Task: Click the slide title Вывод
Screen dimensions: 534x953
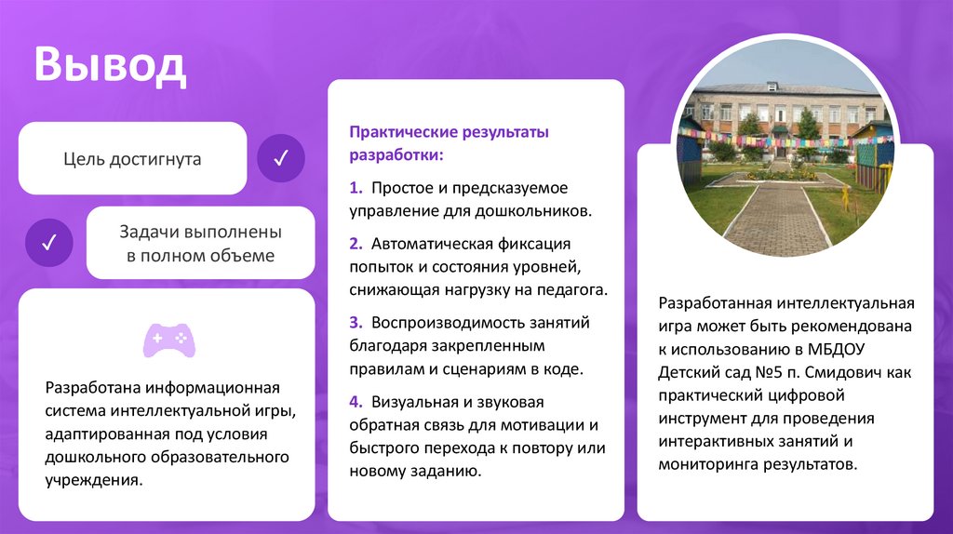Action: pyautogui.click(x=111, y=67)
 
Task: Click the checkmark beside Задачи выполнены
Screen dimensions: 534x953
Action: pyautogui.click(x=50, y=243)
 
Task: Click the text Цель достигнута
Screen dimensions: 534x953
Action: pyautogui.click(x=132, y=159)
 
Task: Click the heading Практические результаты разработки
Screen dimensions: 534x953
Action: pyautogui.click(x=449, y=142)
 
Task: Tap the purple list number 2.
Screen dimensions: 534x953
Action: pyautogui.click(x=356, y=244)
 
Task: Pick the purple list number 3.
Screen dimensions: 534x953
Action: pyautogui.click(x=356, y=323)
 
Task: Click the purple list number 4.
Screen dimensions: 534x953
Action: pyautogui.click(x=356, y=403)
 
